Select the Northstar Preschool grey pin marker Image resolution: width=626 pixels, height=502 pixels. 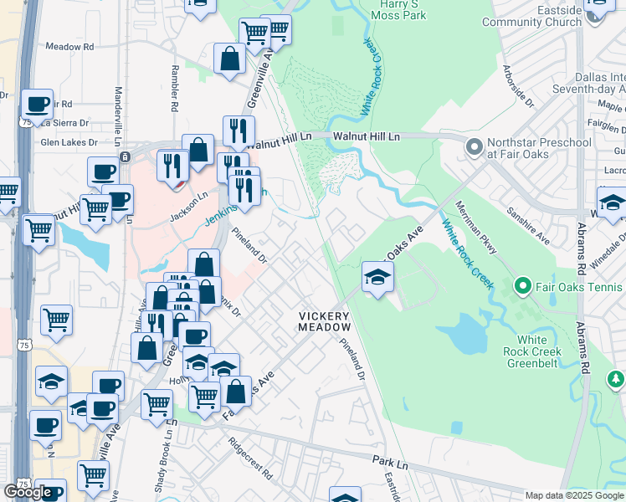[475, 148]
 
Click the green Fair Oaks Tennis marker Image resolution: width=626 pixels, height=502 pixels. [523, 287]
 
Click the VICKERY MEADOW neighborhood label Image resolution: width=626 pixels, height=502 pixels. [325, 320]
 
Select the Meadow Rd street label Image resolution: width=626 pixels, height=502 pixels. [69, 47]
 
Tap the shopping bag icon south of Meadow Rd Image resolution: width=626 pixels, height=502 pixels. [229, 60]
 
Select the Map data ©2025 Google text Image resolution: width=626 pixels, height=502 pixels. [573, 495]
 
